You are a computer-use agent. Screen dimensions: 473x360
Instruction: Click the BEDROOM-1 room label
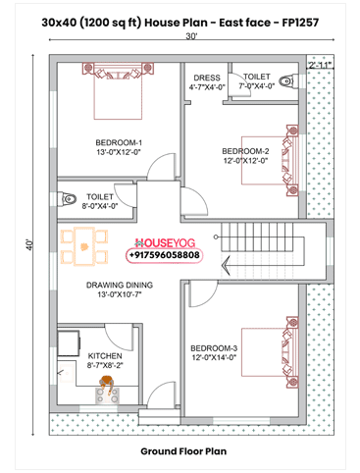(x=119, y=141)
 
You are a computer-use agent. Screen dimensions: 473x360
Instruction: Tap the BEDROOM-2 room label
(x=245, y=151)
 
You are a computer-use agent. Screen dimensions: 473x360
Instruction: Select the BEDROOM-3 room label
(x=214, y=348)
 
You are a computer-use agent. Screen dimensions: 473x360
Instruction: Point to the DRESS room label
(x=207, y=77)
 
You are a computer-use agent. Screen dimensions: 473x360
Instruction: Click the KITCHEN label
(x=105, y=355)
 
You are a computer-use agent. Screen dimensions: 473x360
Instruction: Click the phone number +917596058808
(x=165, y=255)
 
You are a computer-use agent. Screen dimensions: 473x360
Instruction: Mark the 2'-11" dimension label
(x=320, y=65)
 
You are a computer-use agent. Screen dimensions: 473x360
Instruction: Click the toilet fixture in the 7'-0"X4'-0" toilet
(x=286, y=81)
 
